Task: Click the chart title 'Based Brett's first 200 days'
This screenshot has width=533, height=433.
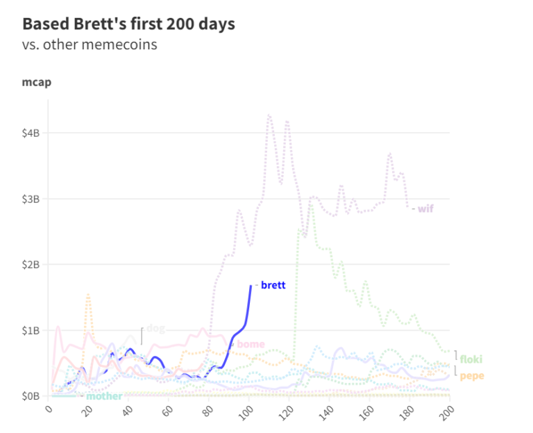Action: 129,24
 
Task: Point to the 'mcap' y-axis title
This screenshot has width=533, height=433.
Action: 36,83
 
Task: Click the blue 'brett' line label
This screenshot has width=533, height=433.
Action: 273,285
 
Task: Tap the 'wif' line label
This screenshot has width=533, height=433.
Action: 425,208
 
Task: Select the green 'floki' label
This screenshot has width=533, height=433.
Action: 471,359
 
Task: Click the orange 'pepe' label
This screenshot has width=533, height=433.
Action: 472,376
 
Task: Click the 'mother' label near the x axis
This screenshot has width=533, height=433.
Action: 104,396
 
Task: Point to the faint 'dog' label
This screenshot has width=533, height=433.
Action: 156,328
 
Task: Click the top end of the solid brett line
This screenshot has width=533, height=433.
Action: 251,286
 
